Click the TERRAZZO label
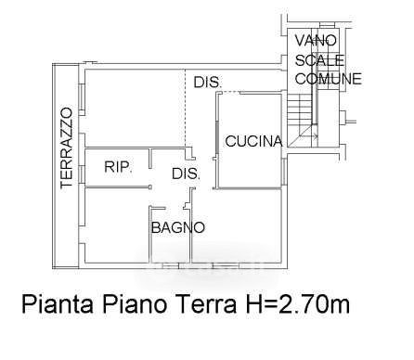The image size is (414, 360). pyautogui.click(x=67, y=148)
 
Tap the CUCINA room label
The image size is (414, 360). pyautogui.click(x=254, y=141)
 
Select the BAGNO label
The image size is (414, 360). pyautogui.click(x=178, y=227)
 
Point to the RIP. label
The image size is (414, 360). pyautogui.click(x=118, y=167)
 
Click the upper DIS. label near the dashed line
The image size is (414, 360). pyautogui.click(x=208, y=83)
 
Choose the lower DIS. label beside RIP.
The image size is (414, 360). pyautogui.click(x=186, y=174)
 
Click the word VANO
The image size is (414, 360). pyautogui.click(x=316, y=41)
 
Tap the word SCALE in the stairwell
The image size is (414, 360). pyautogui.click(x=319, y=60)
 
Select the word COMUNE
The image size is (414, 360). pyautogui.click(x=329, y=79)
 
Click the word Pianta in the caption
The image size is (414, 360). pyautogui.click(x=58, y=304)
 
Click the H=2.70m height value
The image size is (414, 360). pyautogui.click(x=298, y=304)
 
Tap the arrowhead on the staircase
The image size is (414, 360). pyautogui.click(x=316, y=135)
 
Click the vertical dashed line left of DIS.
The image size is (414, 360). pyautogui.click(x=186, y=109)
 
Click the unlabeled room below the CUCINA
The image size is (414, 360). pyautogui.click(x=237, y=225)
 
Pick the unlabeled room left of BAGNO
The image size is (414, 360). pyautogui.click(x=117, y=225)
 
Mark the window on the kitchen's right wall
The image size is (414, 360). pyautogui.click(x=284, y=171)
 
